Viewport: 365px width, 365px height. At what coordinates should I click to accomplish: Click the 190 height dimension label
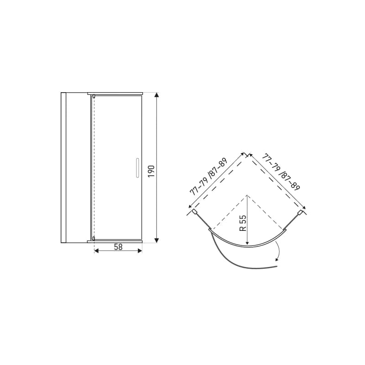(151, 171)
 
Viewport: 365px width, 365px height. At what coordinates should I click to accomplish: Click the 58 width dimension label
(118, 247)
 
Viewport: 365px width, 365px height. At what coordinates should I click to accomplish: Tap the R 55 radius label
(243, 223)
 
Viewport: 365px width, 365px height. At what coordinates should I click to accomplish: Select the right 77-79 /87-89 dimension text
(281, 172)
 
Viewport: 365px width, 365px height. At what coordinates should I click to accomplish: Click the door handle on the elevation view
(137, 168)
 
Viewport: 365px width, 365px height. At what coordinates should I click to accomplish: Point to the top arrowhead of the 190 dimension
(157, 95)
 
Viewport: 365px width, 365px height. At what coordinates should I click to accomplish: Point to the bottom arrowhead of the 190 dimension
(157, 240)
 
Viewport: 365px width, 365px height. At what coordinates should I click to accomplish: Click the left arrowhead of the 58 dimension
(96, 250)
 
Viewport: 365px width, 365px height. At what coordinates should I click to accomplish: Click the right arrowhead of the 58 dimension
(140, 250)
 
